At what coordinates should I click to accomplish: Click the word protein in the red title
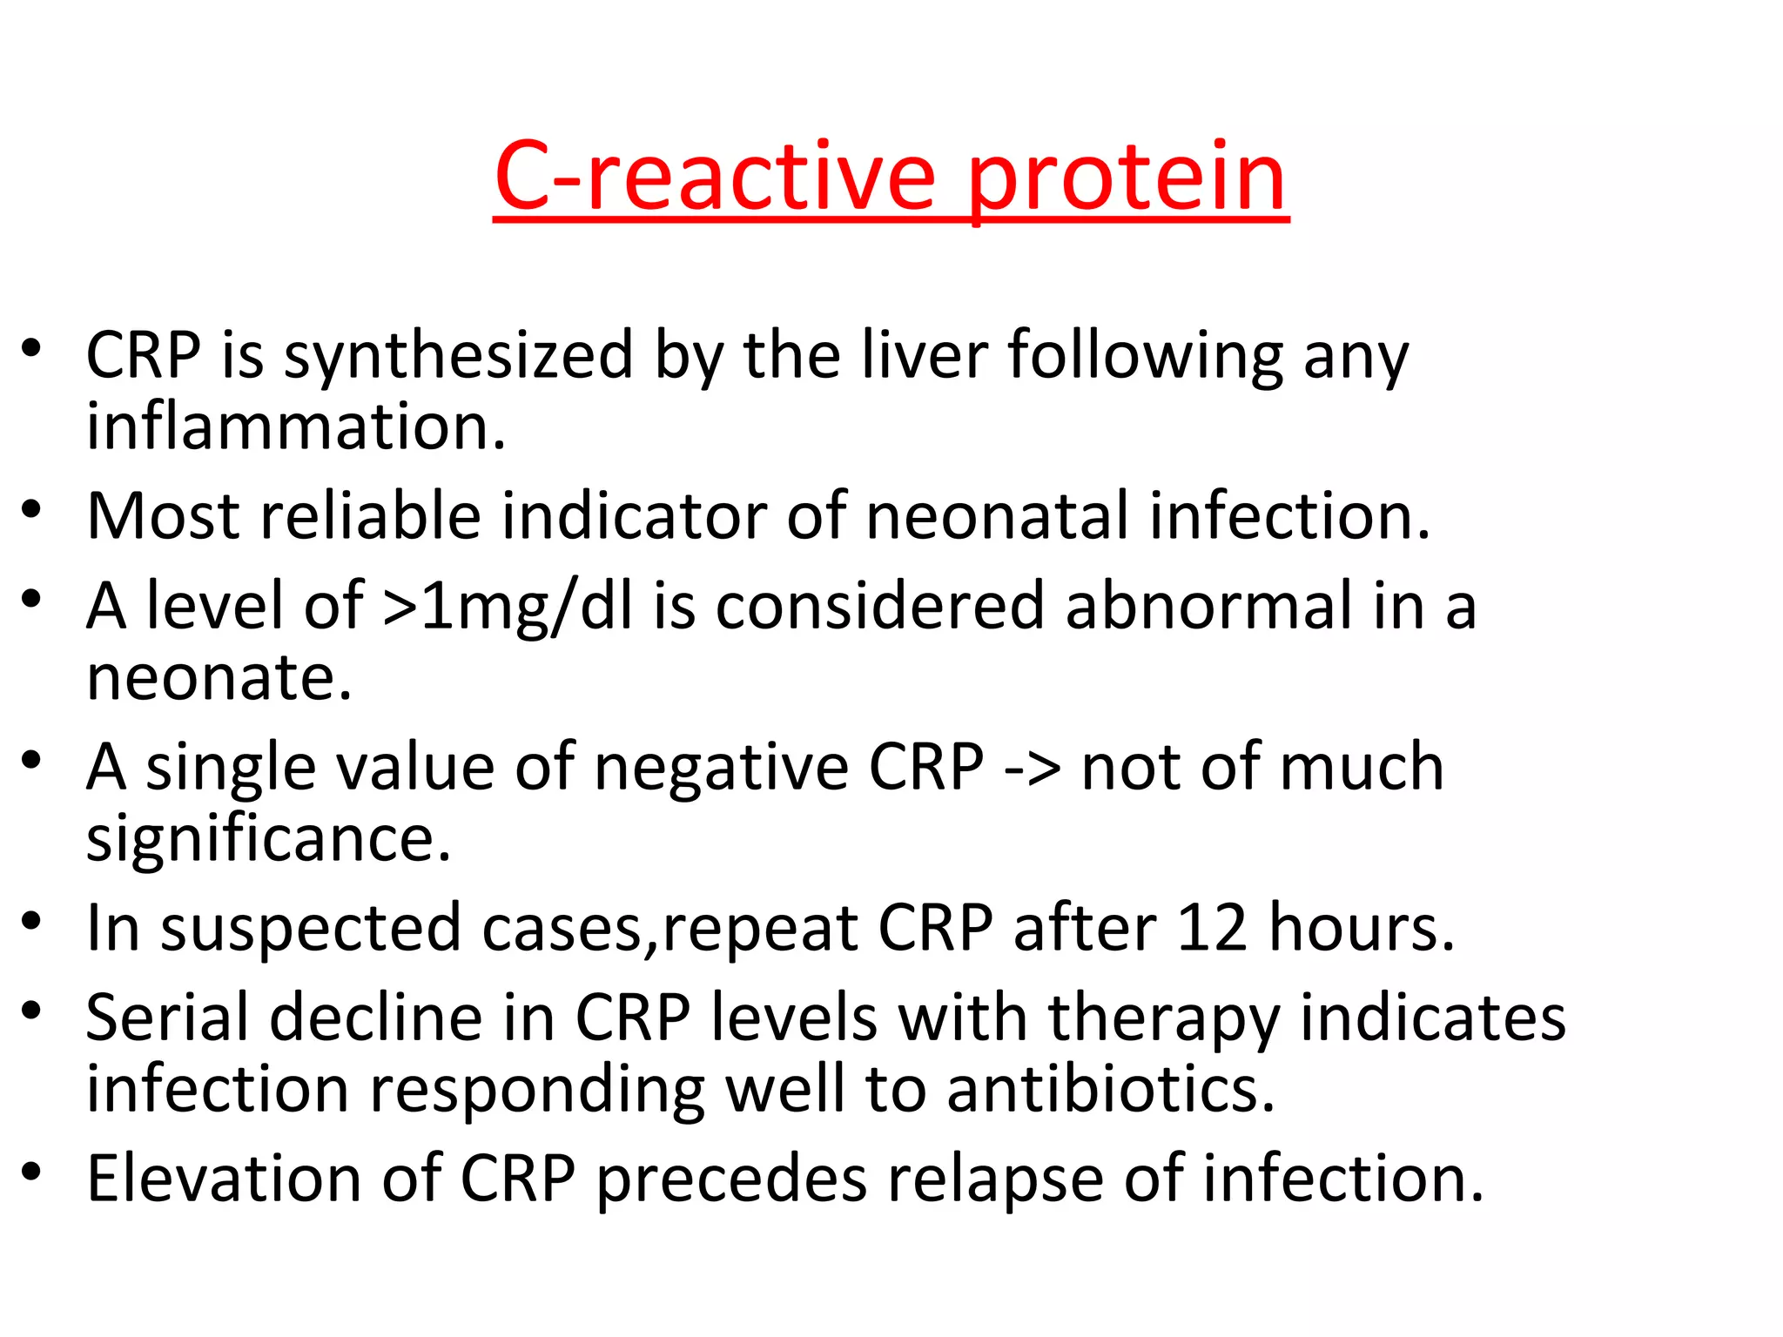1127,181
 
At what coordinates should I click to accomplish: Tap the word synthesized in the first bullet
459,357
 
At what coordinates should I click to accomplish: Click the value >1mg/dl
508,606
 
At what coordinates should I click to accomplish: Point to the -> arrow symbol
1032,769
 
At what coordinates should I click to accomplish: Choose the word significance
268,839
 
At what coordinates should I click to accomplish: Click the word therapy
1163,1018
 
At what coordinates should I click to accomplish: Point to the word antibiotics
1110,1089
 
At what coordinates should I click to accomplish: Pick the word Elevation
223,1179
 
